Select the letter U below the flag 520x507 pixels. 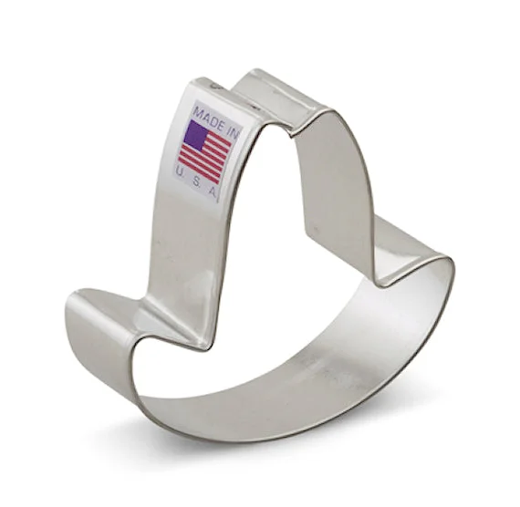(x=180, y=171)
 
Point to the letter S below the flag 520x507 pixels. (x=196, y=181)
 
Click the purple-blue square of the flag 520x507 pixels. (x=196, y=135)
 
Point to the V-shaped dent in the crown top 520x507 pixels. (x=292, y=132)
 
